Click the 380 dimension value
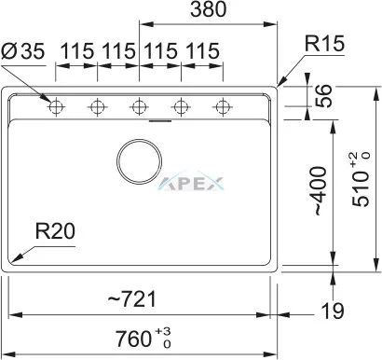point(208,9)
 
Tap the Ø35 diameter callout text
point(23,50)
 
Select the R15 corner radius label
point(324,43)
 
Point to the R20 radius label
point(55,231)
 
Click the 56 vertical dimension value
point(323,96)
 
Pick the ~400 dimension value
point(321,191)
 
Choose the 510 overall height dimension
point(362,179)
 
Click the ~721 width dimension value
point(131,299)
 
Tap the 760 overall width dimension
point(143,338)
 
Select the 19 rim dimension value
point(333,311)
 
